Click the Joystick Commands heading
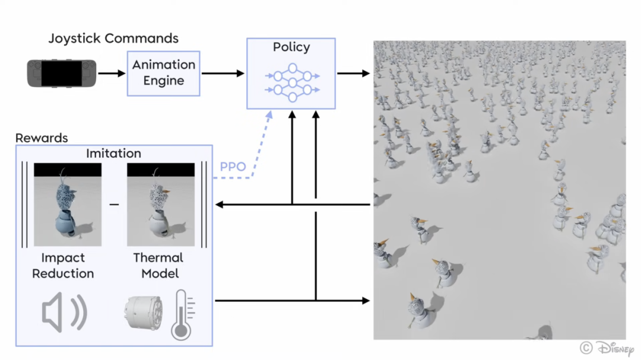coord(113,39)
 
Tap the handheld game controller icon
coord(62,73)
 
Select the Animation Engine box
coord(164,74)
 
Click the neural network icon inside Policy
coord(292,82)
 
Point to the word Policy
coord(291,47)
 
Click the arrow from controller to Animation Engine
coord(112,73)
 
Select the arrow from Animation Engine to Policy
coord(223,73)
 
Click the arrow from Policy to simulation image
coord(353,73)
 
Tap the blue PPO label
coord(233,167)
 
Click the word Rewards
coord(42,138)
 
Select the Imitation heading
coord(113,153)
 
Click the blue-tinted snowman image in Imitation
coord(68,204)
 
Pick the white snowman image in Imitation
coord(161,204)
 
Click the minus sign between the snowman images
coord(114,204)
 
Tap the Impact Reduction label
coord(63,266)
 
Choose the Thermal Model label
coord(158,266)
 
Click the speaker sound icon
coord(64,313)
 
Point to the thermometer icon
coord(182,315)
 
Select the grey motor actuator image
coord(144,313)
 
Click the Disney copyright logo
coord(607,349)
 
